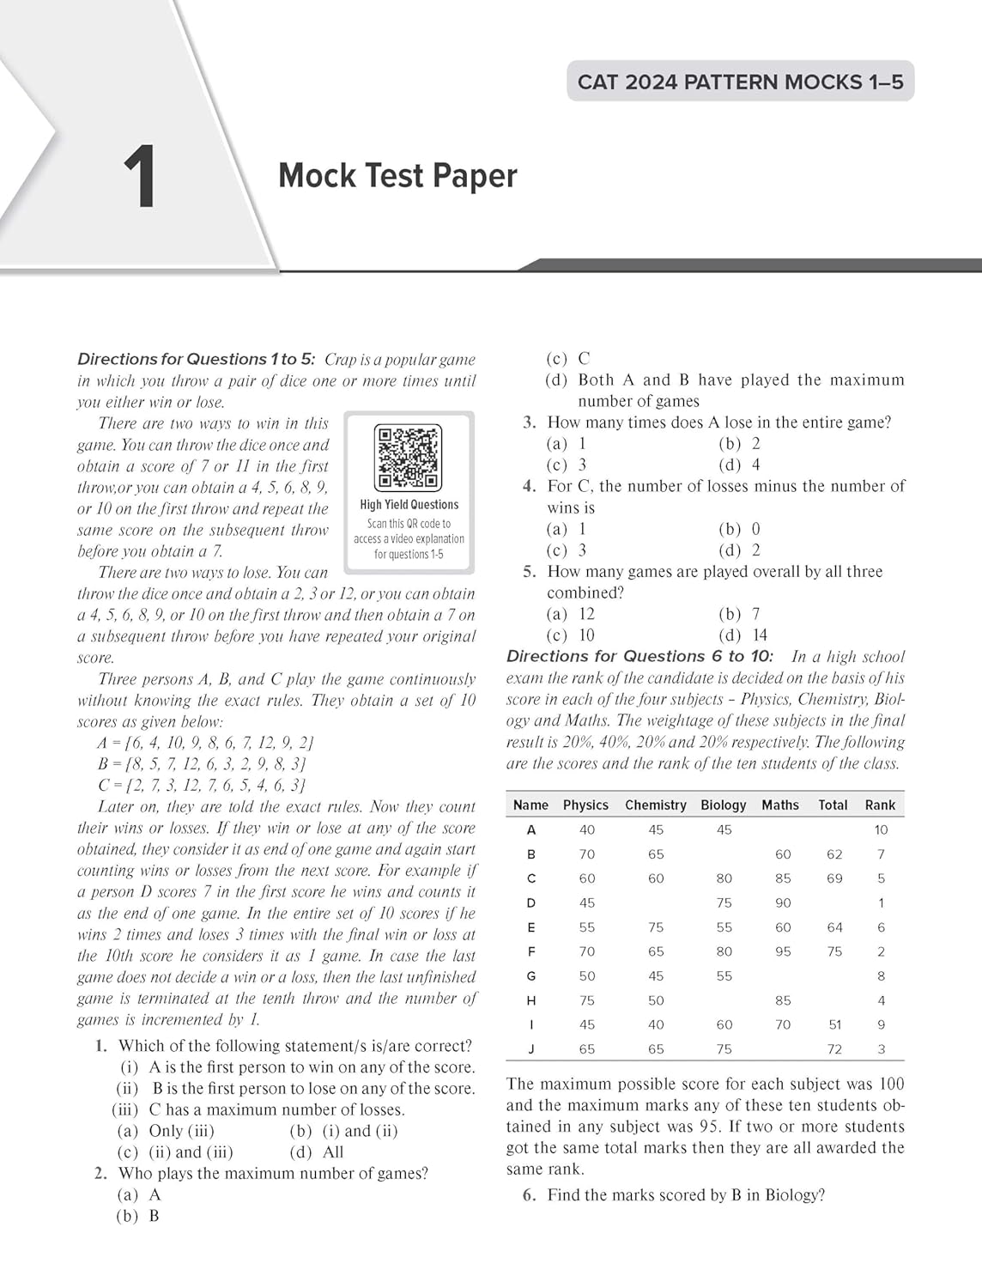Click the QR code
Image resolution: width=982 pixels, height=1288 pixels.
409,458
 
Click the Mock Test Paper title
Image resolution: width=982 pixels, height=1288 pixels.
397,176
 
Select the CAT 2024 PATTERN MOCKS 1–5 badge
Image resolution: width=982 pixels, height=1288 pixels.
740,82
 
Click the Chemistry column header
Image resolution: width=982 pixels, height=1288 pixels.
655,805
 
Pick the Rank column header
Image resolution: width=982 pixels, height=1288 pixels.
880,805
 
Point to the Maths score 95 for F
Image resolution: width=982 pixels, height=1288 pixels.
783,951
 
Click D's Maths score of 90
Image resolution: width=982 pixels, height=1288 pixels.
783,902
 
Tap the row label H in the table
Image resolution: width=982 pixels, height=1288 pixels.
531,1000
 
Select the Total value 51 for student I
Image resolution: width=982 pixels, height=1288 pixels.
834,1024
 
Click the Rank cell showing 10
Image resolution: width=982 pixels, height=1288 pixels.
881,829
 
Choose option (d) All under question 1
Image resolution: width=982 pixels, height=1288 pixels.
317,1152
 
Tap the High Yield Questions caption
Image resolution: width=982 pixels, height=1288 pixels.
409,505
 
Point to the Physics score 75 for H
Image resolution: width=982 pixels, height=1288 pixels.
587,1000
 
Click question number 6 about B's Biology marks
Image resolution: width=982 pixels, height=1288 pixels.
530,1195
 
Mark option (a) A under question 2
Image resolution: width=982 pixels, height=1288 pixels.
139,1194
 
